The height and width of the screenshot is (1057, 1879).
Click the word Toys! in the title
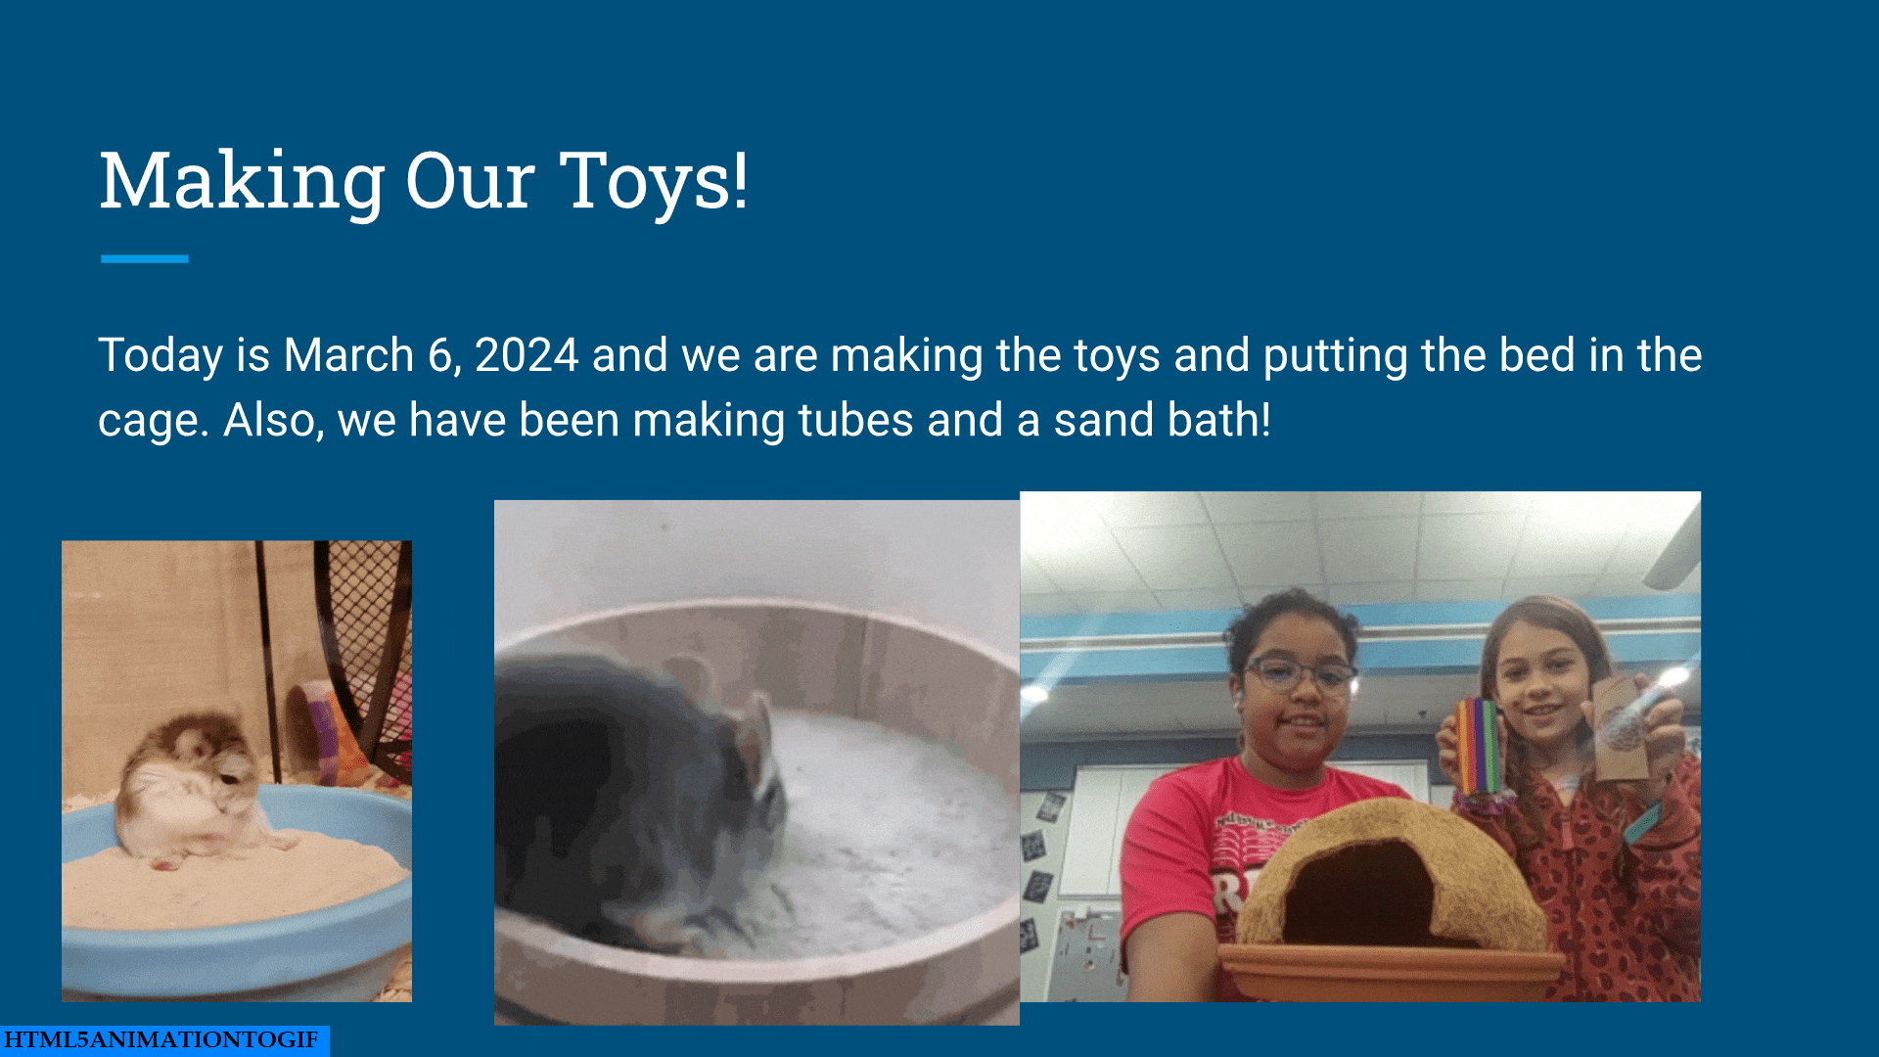pyautogui.click(x=654, y=182)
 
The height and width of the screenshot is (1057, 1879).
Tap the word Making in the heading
pyautogui.click(x=243, y=182)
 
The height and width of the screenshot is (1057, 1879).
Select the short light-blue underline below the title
pyautogui.click(x=144, y=258)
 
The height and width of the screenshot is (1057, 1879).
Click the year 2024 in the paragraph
pyautogui.click(x=527, y=355)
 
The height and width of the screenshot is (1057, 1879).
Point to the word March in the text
pyautogui.click(x=348, y=355)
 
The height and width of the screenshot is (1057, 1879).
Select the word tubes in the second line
pyautogui.click(x=855, y=421)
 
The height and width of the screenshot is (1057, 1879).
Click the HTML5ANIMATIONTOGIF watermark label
pyautogui.click(x=161, y=1039)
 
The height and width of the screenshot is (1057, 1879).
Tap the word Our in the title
pyautogui.click(x=470, y=182)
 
